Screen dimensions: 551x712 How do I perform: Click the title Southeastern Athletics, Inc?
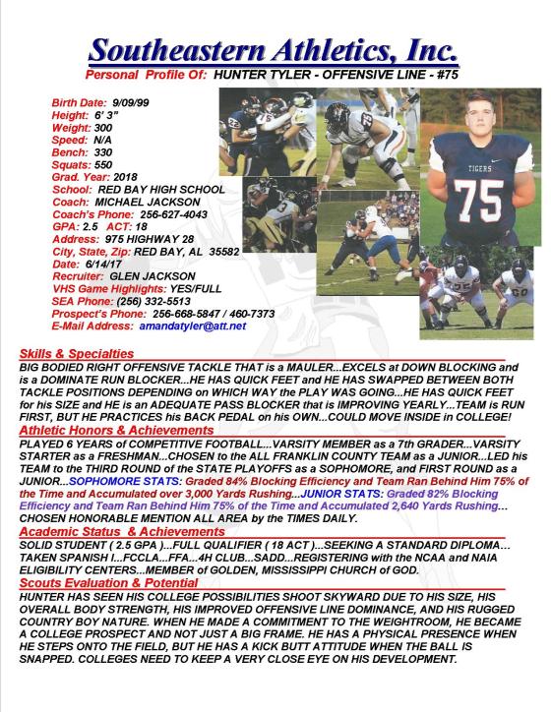tap(272, 48)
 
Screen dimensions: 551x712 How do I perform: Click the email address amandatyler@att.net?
tap(193, 325)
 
